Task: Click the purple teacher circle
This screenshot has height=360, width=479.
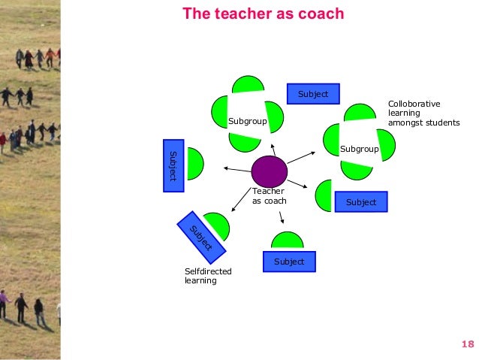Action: pyautogui.click(x=269, y=172)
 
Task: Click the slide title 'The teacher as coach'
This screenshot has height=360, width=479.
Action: pyautogui.click(x=264, y=14)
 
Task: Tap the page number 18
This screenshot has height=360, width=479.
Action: pyautogui.click(x=468, y=344)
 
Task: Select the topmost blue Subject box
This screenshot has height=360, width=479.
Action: pyautogui.click(x=313, y=94)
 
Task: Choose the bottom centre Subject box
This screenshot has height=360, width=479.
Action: pyautogui.click(x=289, y=262)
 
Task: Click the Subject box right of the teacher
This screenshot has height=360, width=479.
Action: pyautogui.click(x=361, y=202)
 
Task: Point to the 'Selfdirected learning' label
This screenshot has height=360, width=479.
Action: pyautogui.click(x=208, y=276)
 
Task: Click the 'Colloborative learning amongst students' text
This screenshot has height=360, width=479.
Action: pyautogui.click(x=423, y=113)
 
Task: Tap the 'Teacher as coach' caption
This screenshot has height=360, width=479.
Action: pyautogui.click(x=269, y=196)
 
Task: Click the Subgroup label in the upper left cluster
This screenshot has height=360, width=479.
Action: pyautogui.click(x=246, y=120)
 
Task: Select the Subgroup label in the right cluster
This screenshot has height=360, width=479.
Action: pyautogui.click(x=359, y=149)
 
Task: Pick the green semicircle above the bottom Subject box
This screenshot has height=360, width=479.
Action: pyautogui.click(x=288, y=241)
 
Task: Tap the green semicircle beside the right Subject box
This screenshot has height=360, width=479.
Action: pyautogui.click(x=324, y=196)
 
